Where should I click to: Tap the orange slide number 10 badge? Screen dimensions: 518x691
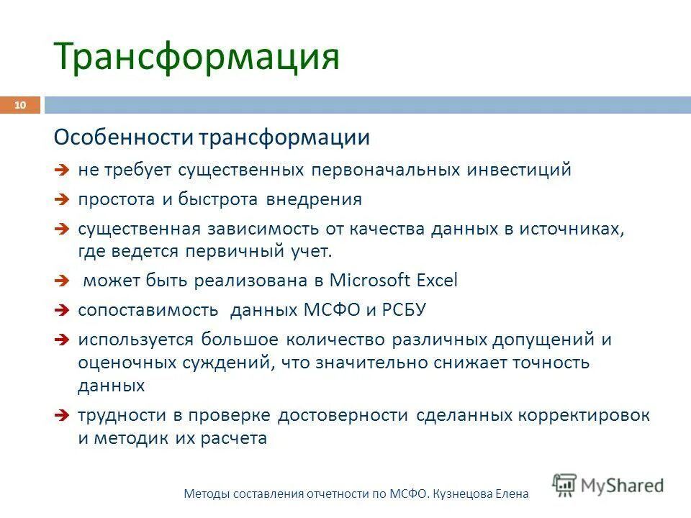(x=19, y=106)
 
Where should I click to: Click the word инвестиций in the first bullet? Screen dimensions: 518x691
(x=519, y=170)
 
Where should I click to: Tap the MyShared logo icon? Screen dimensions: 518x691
(x=564, y=485)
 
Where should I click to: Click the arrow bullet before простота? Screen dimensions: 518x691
(x=62, y=200)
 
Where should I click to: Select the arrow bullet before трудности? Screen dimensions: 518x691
(x=62, y=416)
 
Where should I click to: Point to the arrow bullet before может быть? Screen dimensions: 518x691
(x=62, y=281)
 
